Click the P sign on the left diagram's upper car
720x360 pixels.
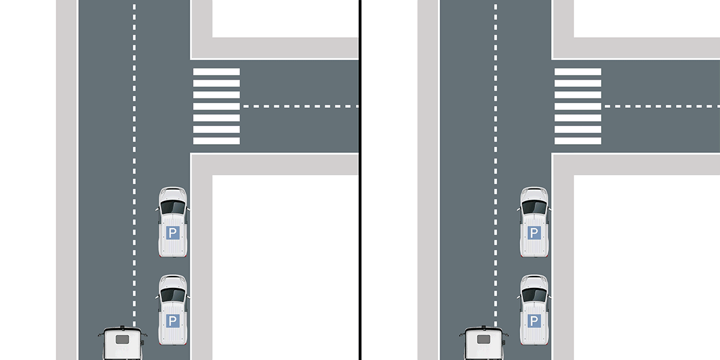point(173,233)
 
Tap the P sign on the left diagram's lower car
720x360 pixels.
point(173,321)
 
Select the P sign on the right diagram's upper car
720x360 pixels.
point(534,233)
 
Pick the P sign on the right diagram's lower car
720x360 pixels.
point(534,321)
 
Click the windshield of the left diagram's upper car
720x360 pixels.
point(173,207)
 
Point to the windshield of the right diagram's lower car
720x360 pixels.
point(534,295)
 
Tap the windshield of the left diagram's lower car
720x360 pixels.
point(173,295)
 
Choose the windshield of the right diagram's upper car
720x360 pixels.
point(534,207)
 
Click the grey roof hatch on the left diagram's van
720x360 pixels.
point(122,339)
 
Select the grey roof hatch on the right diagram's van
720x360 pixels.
point(483,339)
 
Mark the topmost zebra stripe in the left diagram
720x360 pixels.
point(216,72)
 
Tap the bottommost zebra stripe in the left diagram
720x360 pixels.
point(216,141)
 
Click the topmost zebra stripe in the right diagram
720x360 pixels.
point(577,72)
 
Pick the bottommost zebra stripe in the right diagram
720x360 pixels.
point(577,141)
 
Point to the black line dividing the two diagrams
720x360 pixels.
point(360,180)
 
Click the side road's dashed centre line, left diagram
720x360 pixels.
point(300,106)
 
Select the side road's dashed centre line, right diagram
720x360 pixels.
point(660,106)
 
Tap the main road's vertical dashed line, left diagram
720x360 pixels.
point(134,150)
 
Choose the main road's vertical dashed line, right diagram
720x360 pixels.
point(495,150)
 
